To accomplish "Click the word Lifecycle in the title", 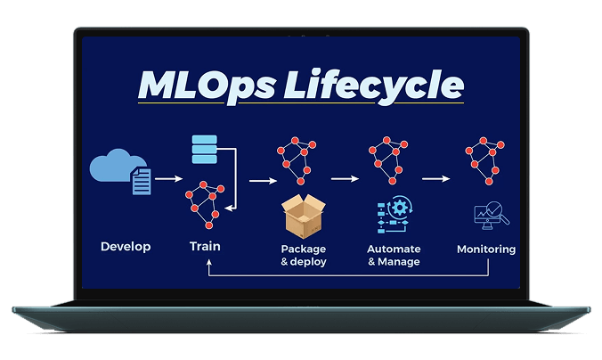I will [x=386, y=86].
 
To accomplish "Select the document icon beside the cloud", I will [x=141, y=183].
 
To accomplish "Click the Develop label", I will [x=126, y=247].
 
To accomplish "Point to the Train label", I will [x=205, y=246].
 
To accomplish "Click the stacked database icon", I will [x=205, y=150].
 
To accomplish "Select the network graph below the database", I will [x=204, y=203].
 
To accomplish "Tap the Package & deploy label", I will [x=304, y=255].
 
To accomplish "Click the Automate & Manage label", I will [x=393, y=255].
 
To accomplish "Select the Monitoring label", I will [x=486, y=250].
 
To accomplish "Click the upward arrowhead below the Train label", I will [x=208, y=265].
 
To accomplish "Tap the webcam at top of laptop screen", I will [x=301, y=37].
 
